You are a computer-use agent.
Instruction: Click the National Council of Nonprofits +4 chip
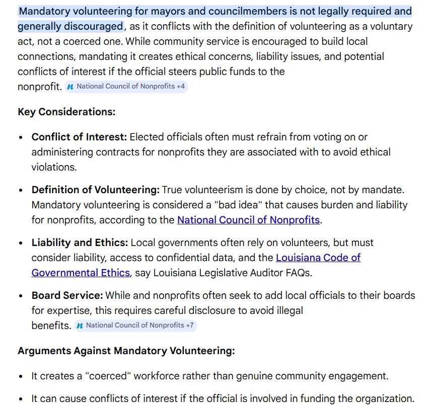126,87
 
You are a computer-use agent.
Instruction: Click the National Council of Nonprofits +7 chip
135,326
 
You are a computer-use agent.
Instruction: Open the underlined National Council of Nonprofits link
248,220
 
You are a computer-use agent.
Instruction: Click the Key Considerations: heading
66,112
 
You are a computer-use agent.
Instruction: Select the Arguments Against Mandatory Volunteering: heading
126,351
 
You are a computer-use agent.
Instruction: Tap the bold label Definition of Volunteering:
95,190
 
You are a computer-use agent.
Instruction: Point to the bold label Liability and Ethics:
80,242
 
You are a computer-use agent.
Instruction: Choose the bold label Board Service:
67,295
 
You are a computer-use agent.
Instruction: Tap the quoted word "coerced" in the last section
116,376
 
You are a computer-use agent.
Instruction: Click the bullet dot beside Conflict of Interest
21,137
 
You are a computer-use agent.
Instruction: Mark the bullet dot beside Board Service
21,296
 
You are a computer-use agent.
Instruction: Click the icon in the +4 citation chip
70,87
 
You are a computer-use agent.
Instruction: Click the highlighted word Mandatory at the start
44,11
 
